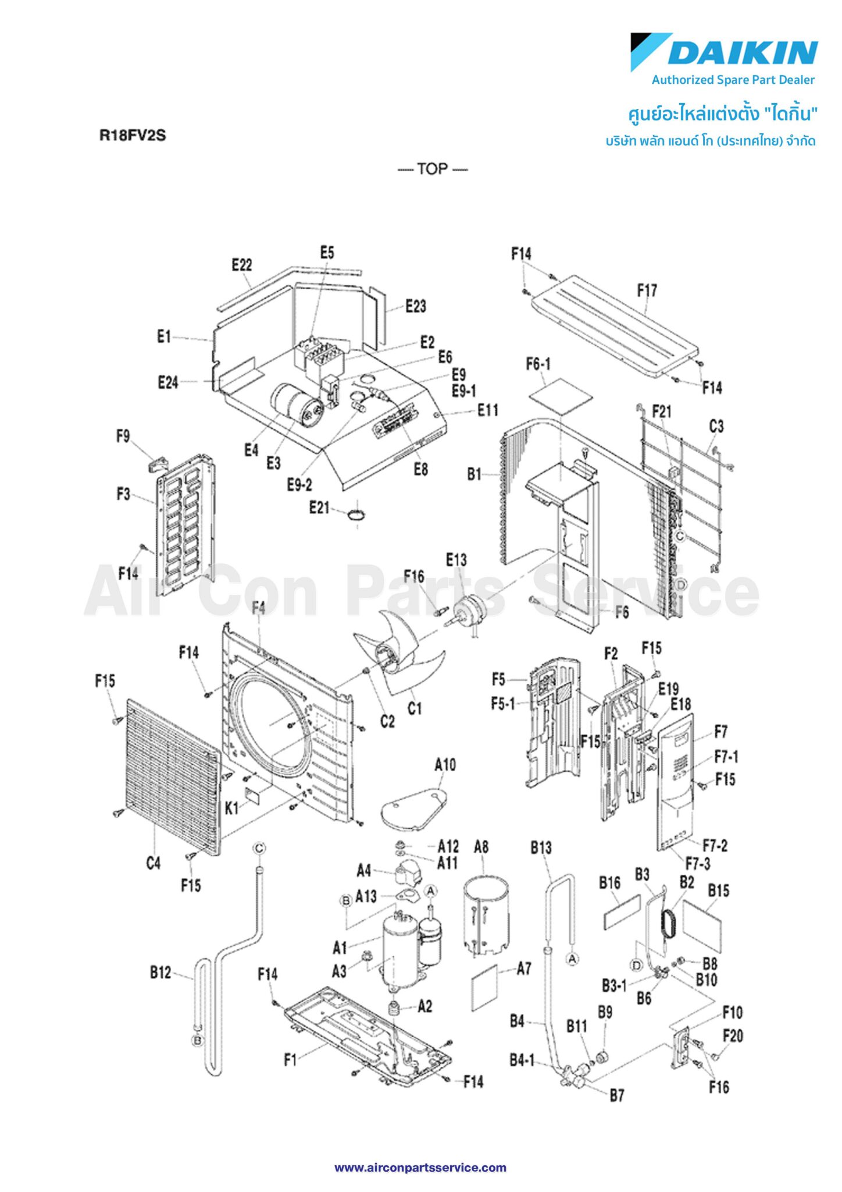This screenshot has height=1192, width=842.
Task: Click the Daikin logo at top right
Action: [x=724, y=52]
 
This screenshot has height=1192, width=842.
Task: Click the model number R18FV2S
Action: [x=133, y=136]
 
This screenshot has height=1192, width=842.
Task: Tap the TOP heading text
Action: [x=432, y=169]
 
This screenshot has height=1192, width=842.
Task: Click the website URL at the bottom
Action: [x=420, y=1168]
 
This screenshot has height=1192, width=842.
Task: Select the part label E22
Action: [x=242, y=265]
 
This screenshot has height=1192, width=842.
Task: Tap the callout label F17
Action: [x=647, y=290]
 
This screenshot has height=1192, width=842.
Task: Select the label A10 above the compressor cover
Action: [x=445, y=765]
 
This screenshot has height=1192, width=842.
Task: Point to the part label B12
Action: [x=160, y=972]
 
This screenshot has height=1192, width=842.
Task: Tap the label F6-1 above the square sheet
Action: [x=538, y=364]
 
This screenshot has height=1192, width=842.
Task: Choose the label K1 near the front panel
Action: [x=232, y=808]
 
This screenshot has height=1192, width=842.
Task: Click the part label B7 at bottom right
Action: [x=617, y=1096]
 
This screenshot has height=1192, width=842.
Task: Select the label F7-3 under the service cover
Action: [x=698, y=864]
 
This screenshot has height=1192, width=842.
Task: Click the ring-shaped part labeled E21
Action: [x=356, y=514]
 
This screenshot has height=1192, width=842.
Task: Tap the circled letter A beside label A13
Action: [x=431, y=891]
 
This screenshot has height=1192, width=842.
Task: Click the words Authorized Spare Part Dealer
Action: [x=733, y=80]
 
